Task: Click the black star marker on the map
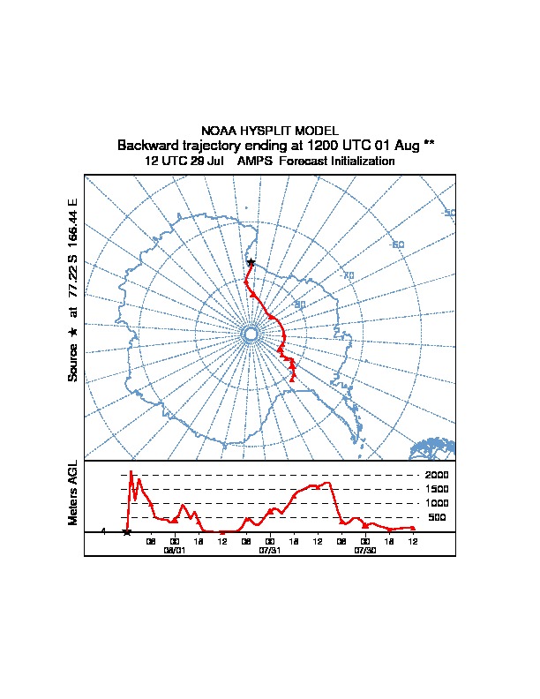click(x=251, y=262)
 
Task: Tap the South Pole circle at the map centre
click(x=250, y=334)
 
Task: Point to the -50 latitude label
click(x=448, y=213)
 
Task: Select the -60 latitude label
click(x=397, y=244)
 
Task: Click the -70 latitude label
click(x=348, y=275)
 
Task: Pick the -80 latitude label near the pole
click(x=300, y=304)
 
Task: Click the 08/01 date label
click(x=175, y=549)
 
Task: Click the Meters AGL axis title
click(x=74, y=492)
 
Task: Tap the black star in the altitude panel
click(x=127, y=531)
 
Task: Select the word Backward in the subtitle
click(x=148, y=145)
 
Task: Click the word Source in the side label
click(x=74, y=362)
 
